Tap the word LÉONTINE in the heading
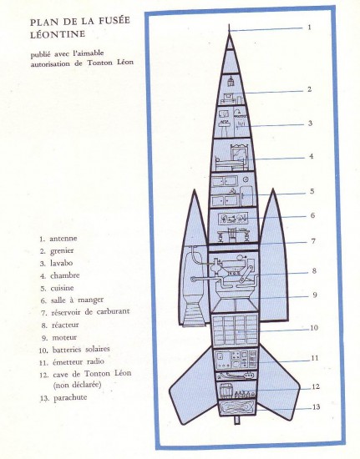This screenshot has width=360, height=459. coord(58,34)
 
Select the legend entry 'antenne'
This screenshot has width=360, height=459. coord(63,239)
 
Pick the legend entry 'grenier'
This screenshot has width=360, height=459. coord(62,251)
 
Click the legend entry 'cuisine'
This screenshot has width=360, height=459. coord(62,288)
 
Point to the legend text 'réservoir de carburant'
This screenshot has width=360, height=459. coord(90,311)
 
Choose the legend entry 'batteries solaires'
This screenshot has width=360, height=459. coord(81,349)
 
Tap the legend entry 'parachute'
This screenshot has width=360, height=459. coord(70,398)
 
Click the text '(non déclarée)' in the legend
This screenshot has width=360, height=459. coord(78,385)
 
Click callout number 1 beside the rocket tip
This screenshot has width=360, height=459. coord(309,28)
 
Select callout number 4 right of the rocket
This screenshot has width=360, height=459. coord(312,156)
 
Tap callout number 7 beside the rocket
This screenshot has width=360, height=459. coord(313,241)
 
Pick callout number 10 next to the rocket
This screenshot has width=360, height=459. coord(314,328)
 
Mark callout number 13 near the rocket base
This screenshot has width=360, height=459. coord(316,407)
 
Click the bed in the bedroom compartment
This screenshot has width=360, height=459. coord(231,164)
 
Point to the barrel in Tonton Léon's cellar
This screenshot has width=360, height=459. coord(226,391)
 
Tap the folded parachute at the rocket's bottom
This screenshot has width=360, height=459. coord(236,407)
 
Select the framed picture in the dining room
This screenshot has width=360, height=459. coord(234,218)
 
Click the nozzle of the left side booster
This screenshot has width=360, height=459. coord(194,315)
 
